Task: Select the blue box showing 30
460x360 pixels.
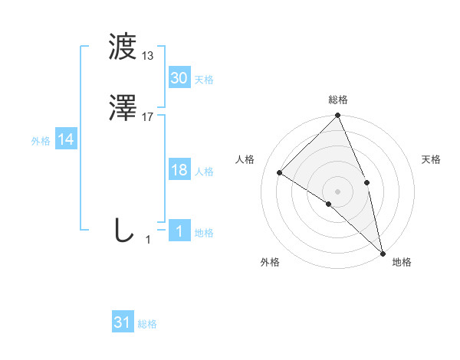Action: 179,78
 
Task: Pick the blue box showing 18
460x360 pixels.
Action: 179,170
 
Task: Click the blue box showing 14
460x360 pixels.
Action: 66,139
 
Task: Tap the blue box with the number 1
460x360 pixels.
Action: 179,231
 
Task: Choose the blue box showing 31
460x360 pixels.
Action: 123,322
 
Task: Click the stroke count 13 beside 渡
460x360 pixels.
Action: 148,55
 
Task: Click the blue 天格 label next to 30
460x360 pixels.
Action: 204,80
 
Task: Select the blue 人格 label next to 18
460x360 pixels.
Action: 204,172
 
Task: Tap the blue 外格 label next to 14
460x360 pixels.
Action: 41,141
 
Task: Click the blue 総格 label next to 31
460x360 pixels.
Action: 147,324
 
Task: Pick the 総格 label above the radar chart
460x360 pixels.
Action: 338,100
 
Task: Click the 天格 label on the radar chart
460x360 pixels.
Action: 431,159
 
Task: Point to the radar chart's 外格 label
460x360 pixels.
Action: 270,262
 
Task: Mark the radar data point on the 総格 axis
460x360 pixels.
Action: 337,116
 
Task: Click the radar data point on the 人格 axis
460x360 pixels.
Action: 280,172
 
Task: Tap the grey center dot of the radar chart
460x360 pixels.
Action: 337,191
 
